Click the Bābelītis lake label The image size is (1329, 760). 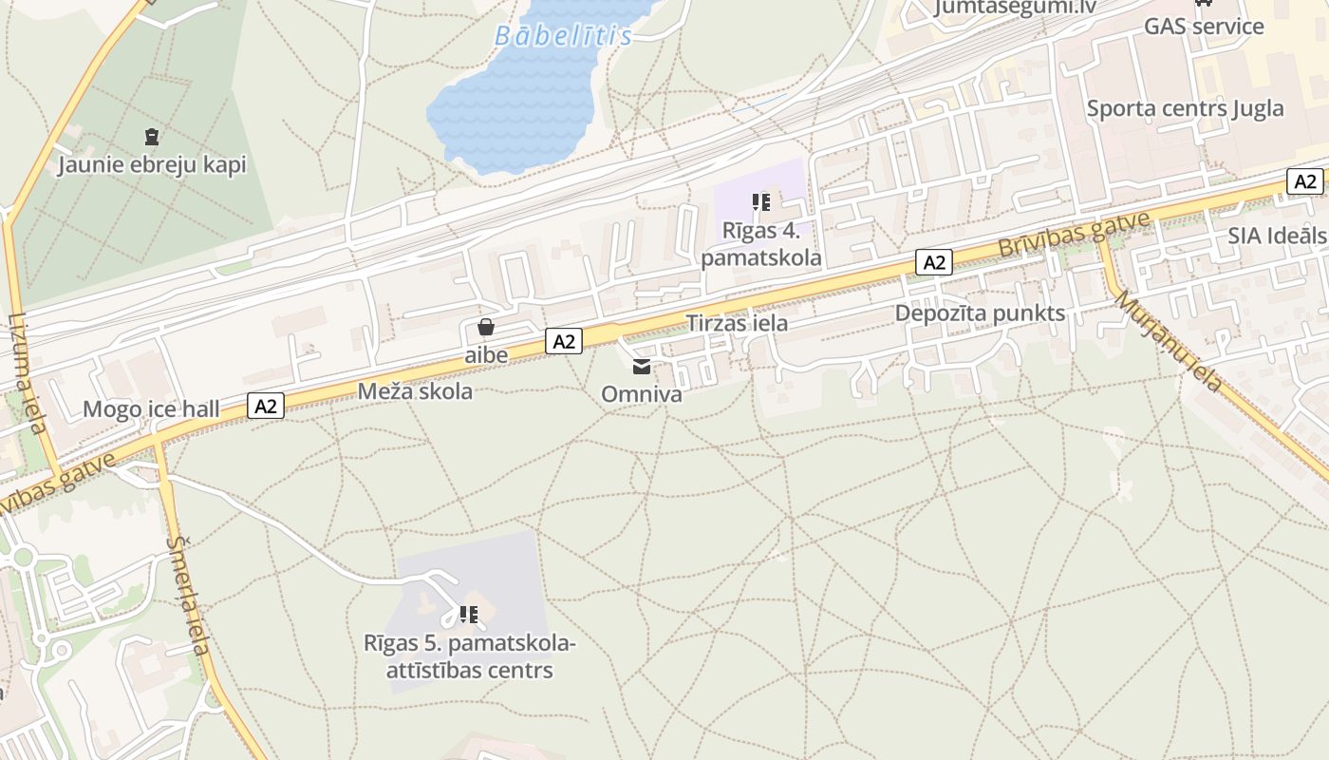tap(563, 36)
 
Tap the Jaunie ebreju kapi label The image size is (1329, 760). tap(152, 164)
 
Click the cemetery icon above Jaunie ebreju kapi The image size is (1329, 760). tap(152, 137)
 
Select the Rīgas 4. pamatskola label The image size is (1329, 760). tap(761, 243)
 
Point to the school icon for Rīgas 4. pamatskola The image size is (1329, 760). tap(760, 201)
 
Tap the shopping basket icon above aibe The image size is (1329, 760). tap(486, 328)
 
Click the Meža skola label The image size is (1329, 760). tap(415, 390)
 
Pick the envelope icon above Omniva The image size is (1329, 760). tap(642, 367)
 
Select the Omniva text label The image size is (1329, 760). tap(642, 393)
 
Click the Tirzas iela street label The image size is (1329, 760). tap(737, 323)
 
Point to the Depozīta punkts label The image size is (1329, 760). tap(980, 313)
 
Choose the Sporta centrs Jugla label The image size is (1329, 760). tap(1185, 108)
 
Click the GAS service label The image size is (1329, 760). tap(1204, 26)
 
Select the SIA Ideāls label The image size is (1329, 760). tap(1277, 236)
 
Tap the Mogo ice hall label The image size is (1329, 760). tap(151, 409)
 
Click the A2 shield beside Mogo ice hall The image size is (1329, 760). tap(266, 406)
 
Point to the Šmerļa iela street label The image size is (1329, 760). tap(187, 595)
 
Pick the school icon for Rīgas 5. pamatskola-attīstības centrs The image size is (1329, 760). tap(467, 615)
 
